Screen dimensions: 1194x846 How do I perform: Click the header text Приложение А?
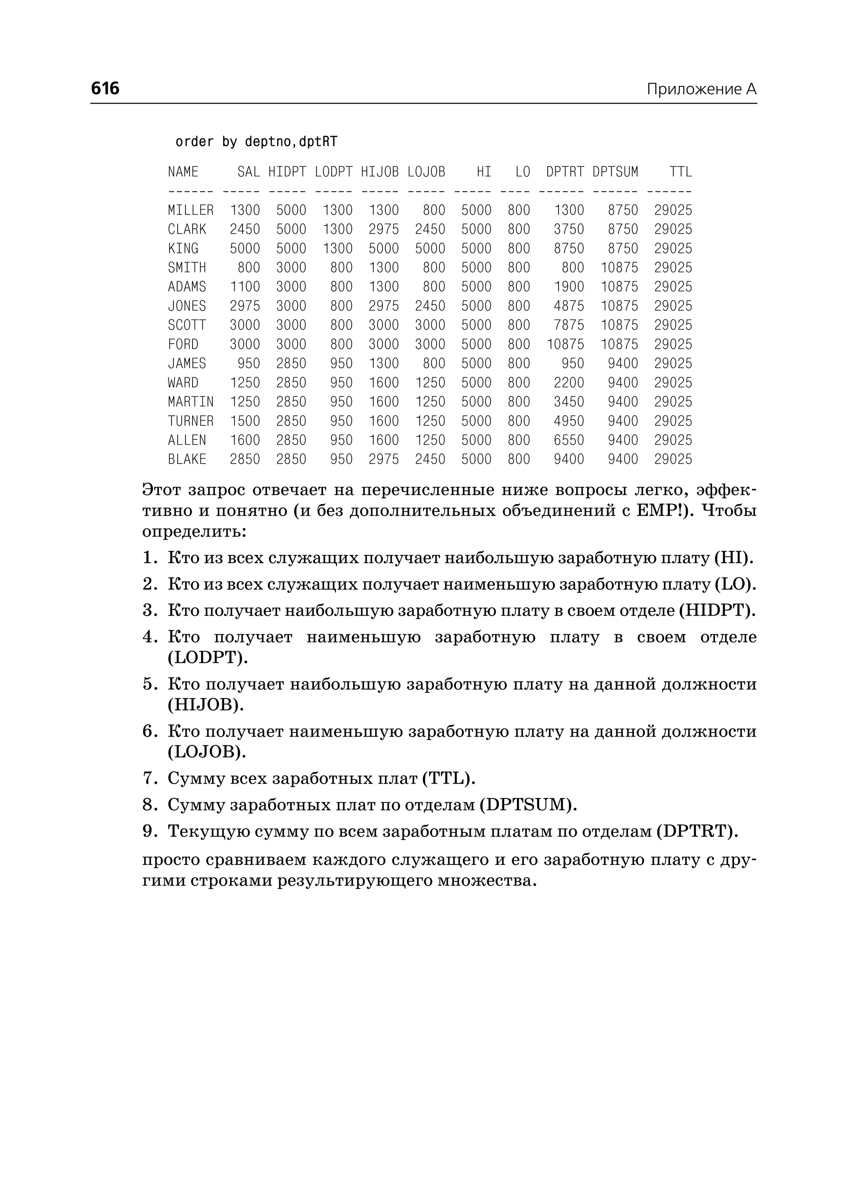(x=701, y=90)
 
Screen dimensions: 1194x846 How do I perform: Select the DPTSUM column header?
(x=615, y=172)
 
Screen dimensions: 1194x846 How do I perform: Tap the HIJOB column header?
(x=379, y=172)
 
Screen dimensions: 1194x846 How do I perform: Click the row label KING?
(x=183, y=249)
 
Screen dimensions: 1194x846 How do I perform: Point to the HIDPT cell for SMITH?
(x=291, y=268)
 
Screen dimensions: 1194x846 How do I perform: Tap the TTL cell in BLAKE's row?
(x=673, y=459)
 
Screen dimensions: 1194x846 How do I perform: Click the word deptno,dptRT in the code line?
(x=291, y=142)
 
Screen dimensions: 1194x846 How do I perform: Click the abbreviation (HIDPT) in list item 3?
(x=717, y=610)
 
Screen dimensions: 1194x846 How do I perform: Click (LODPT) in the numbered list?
(x=208, y=658)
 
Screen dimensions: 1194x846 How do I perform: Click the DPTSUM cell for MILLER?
(x=623, y=211)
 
